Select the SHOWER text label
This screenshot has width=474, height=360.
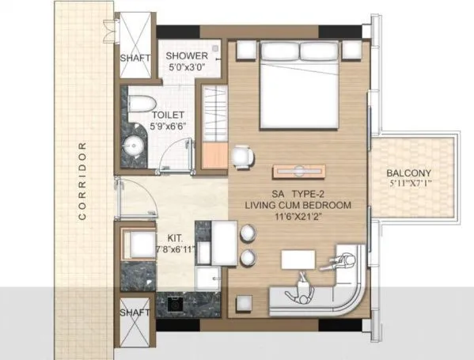pos(187,56)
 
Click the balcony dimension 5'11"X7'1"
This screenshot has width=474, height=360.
pos(411,184)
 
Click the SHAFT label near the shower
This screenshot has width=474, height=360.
pos(135,59)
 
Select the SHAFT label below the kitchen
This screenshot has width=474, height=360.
pos(134,313)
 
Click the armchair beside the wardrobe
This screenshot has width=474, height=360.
pos(242,155)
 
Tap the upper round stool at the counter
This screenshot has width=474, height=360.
pos(248,233)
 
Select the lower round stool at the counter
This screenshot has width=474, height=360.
pos(248,257)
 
